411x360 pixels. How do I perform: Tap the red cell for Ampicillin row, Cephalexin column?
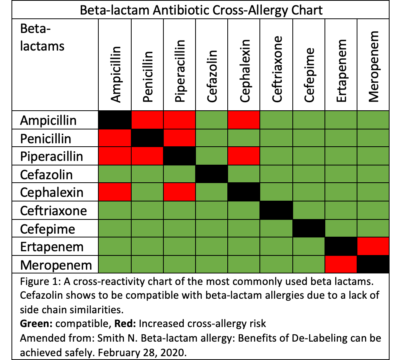pos(245,120)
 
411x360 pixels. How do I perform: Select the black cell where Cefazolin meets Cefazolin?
pos(212,175)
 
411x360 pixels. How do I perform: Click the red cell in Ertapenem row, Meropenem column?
pos(373,246)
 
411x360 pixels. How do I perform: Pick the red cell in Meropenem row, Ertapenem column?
pos(341,264)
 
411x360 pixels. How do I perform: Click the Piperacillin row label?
pos(51,157)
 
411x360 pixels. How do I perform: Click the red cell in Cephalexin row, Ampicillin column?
pos(115,193)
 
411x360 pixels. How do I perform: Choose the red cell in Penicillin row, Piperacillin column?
pos(180,138)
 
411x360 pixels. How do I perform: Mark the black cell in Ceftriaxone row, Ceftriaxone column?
pos(277,211)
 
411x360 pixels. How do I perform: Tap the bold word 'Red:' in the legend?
pos(126,323)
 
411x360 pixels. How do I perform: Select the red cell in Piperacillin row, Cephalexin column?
pos(245,157)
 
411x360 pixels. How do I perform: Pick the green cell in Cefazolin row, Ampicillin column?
pos(115,175)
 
